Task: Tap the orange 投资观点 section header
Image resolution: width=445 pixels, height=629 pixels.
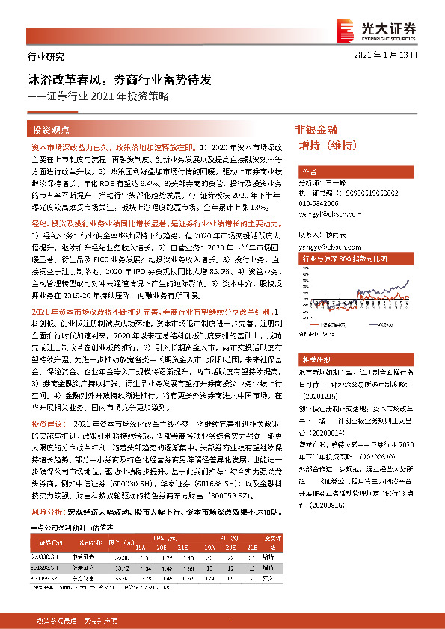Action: [x=52, y=128]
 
